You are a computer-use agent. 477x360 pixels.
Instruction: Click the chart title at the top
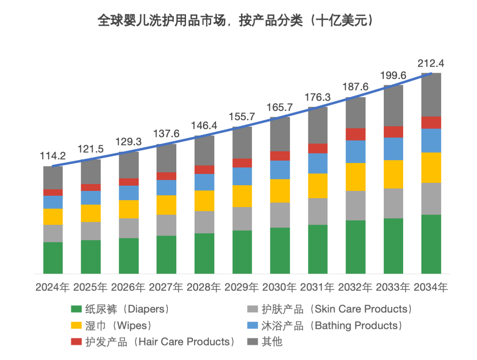235,21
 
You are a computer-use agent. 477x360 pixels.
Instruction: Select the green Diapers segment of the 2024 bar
53,257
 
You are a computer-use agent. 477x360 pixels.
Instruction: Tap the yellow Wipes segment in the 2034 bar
431,167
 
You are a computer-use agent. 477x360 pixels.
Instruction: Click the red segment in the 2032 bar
356,134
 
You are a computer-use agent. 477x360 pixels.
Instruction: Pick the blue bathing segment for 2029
242,176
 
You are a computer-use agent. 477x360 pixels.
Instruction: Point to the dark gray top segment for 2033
393,105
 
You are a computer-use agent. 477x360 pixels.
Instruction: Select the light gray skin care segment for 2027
166,225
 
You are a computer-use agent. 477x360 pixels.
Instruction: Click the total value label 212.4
431,63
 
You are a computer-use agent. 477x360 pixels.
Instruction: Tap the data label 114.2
53,156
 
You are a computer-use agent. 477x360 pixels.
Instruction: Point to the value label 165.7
280,108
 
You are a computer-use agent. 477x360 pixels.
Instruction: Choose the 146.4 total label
204,126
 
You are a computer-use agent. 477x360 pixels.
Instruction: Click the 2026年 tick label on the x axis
128,288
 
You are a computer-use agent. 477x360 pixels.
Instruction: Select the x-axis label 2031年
318,288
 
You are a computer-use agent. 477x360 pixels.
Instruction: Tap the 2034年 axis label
431,288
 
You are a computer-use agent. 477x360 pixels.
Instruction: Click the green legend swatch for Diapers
76,310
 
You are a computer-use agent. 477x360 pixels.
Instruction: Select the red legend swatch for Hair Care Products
76,342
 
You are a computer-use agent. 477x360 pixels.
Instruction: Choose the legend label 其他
272,342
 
